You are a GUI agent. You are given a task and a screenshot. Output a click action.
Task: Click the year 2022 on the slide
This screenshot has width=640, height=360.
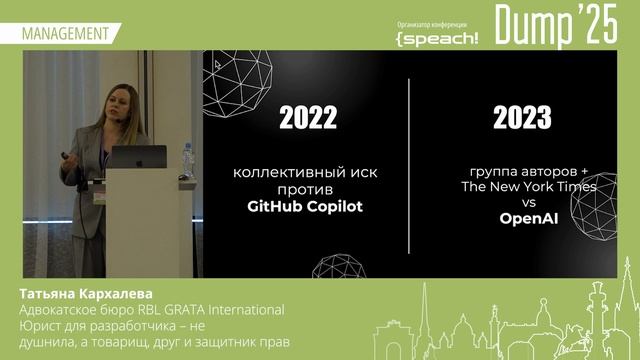pyautogui.click(x=308, y=119)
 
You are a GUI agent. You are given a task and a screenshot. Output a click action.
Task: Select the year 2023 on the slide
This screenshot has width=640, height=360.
pyautogui.click(x=522, y=119)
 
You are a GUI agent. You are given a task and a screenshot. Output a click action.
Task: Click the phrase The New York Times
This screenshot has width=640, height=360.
pyautogui.click(x=529, y=187)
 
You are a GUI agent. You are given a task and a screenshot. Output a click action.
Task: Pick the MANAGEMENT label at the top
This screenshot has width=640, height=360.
pyautogui.click(x=64, y=33)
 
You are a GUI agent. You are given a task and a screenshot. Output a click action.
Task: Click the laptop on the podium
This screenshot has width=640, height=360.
pyautogui.click(x=138, y=157)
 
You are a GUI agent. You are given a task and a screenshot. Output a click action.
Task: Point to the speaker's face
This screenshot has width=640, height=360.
pyautogui.click(x=108, y=106)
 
